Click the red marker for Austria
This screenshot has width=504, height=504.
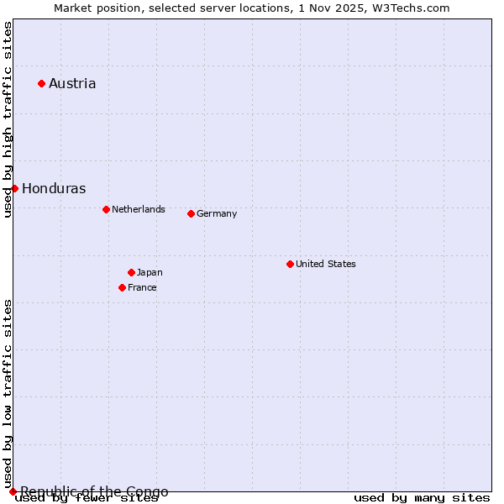point(41,83)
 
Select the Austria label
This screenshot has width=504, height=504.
point(72,83)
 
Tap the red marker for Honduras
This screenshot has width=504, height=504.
point(14,188)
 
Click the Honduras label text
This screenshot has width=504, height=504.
point(54,188)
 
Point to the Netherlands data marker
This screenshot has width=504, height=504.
point(106,209)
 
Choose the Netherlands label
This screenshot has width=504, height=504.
point(139,209)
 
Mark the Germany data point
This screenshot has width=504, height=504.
point(191,213)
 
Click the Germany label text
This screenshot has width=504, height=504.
point(217,213)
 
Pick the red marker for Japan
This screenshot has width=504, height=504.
point(131,272)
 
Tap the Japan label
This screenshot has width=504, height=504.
point(150,272)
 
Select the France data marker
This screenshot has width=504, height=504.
point(122,287)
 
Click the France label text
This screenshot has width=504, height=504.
point(142,287)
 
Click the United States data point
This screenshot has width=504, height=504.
point(290,264)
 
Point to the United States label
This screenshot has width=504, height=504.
point(326,264)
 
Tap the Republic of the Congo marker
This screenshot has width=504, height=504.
point(13,491)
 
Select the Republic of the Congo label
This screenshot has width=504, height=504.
point(94,491)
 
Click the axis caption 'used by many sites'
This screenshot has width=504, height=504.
point(422,498)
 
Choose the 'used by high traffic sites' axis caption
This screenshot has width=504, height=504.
point(8,119)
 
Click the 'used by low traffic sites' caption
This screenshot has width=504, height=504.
point(8,393)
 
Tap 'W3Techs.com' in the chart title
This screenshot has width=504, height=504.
point(411,8)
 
